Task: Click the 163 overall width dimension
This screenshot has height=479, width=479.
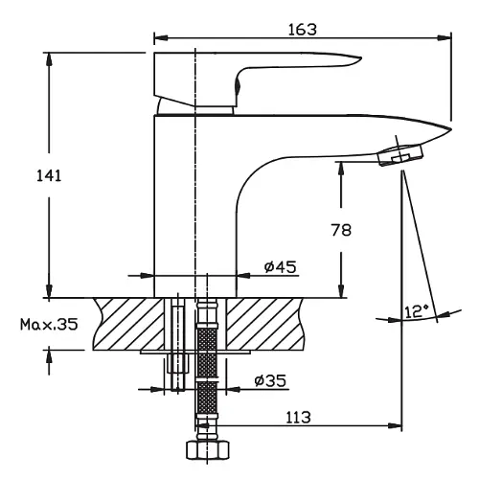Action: pos(303,30)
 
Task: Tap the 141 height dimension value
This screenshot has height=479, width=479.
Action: pos(49,176)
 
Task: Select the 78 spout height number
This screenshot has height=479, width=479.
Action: pos(341,230)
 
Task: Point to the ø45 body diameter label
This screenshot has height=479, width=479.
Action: pos(281,266)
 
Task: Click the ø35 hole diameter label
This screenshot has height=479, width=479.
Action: pos(270,380)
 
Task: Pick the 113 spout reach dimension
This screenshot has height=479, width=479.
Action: pos(298,418)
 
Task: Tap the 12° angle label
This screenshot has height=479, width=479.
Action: pos(417,311)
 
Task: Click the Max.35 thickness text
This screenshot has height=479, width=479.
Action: pos(49,325)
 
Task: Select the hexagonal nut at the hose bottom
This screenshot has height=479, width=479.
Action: pos(208,450)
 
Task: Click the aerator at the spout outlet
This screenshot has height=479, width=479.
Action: pos(400,154)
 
